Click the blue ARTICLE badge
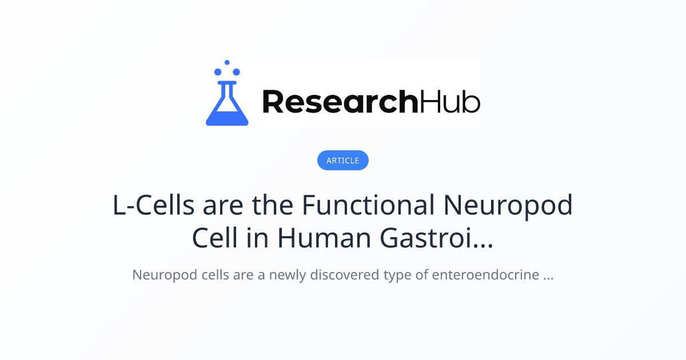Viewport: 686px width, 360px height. (343, 161)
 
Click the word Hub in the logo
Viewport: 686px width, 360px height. (450, 102)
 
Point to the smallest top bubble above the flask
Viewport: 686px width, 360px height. (227, 62)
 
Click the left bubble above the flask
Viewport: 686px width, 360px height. (218, 72)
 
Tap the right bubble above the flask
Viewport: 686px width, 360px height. (236, 72)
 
